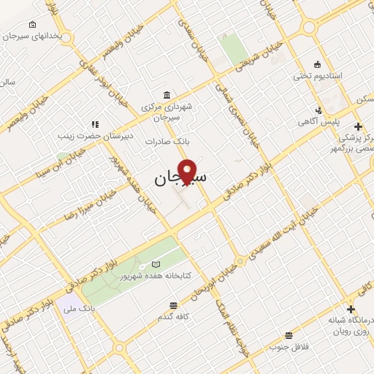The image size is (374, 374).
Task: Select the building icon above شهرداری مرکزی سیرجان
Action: [x=168, y=96]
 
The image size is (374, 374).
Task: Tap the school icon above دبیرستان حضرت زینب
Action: [x=94, y=124]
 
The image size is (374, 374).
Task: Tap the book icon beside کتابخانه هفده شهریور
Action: [x=154, y=264]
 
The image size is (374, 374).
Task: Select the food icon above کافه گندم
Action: [x=173, y=305]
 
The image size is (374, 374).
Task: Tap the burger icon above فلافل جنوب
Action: [x=289, y=335]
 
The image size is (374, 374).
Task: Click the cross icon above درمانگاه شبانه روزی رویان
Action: [x=352, y=310]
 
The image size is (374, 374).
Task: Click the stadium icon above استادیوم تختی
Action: [x=316, y=64]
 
